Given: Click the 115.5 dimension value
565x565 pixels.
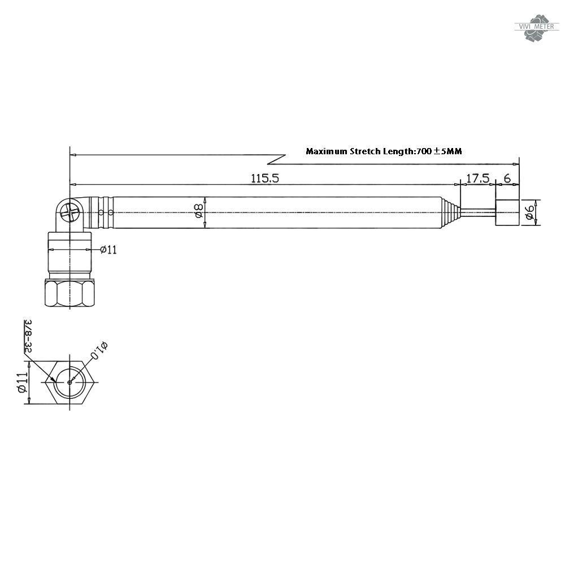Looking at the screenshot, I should [x=265, y=178].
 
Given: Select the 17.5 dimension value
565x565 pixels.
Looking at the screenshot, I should [x=477, y=178].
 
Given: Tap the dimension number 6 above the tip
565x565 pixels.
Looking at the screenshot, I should [x=507, y=178].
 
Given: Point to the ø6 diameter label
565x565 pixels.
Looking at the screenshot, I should [x=529, y=213].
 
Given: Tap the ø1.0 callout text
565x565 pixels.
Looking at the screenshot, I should [x=98, y=350].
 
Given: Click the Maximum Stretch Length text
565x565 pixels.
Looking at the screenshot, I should [x=384, y=151].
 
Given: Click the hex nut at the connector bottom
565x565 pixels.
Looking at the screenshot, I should [x=69, y=292].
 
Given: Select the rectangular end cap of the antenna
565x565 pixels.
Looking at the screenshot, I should [x=507, y=213].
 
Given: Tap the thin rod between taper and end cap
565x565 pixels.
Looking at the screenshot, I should [x=478, y=213].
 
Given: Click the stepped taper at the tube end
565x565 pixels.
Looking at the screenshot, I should [x=449, y=213].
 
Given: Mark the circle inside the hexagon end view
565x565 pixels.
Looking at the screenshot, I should [x=69, y=382].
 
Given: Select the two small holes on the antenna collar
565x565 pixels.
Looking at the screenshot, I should [x=106, y=213].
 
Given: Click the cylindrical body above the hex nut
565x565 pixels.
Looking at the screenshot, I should [x=69, y=253].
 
